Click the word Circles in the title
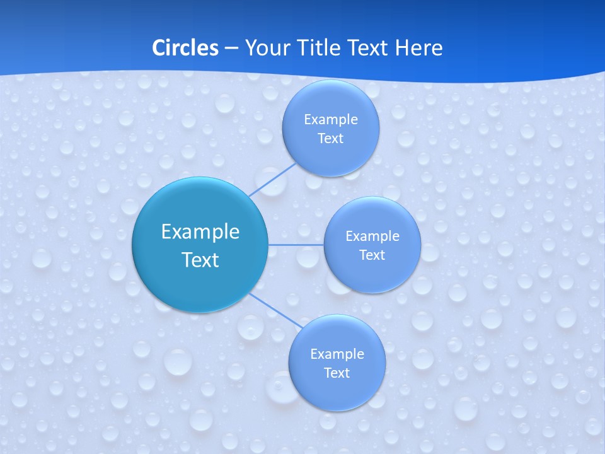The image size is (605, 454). click(185, 48)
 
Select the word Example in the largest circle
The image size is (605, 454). click(200, 232)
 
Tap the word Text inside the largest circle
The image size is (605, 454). click(200, 260)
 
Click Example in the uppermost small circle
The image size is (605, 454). click(330, 120)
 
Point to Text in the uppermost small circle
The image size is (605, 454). click(330, 139)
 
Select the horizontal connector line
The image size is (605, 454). click(296, 244)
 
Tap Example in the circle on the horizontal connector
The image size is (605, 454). click(372, 236)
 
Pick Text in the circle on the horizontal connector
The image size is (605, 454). click(372, 255)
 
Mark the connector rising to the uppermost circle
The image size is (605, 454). click(272, 180)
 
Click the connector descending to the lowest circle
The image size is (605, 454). click(275, 310)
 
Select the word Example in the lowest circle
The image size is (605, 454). click(337, 354)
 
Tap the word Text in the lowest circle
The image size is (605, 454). click(337, 373)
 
